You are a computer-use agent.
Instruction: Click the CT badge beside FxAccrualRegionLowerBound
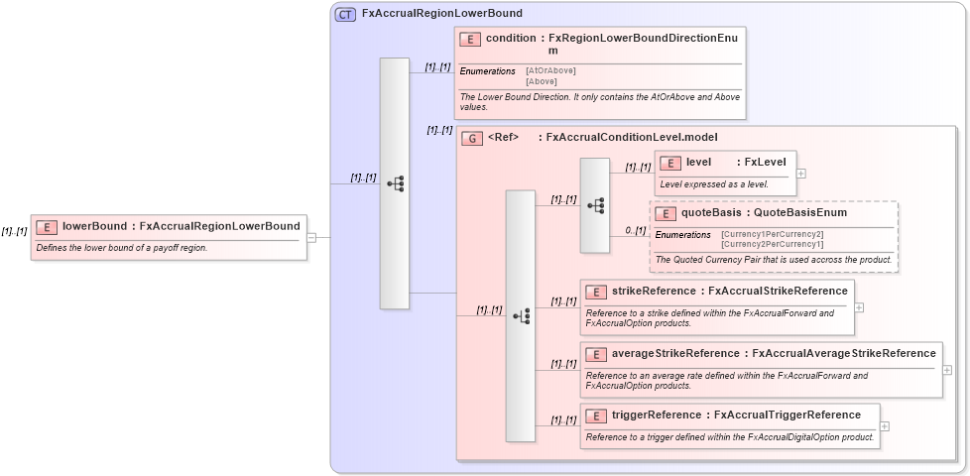(345, 14)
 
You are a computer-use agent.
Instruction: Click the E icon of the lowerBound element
(47, 226)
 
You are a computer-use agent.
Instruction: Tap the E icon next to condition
(471, 39)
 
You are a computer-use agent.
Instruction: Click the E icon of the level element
(670, 163)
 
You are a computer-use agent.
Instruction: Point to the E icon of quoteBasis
(666, 213)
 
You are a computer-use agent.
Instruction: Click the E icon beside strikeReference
(596, 292)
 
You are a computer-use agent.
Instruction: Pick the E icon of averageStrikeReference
(596, 354)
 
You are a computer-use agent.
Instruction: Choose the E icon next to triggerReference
(596, 416)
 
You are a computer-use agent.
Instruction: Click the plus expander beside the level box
(801, 173)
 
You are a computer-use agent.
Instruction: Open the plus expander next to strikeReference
(859, 307)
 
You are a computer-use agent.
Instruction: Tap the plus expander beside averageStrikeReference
(947, 369)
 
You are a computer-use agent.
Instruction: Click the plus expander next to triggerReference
(885, 426)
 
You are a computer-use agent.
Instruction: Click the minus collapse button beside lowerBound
(311, 238)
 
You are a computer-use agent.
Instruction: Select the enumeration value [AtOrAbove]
(550, 70)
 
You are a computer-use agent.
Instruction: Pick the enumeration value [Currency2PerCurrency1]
(772, 244)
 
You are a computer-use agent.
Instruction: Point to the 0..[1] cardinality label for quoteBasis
(636, 230)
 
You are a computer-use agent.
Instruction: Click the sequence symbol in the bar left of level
(596, 205)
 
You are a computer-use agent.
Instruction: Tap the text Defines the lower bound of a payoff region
(122, 248)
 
